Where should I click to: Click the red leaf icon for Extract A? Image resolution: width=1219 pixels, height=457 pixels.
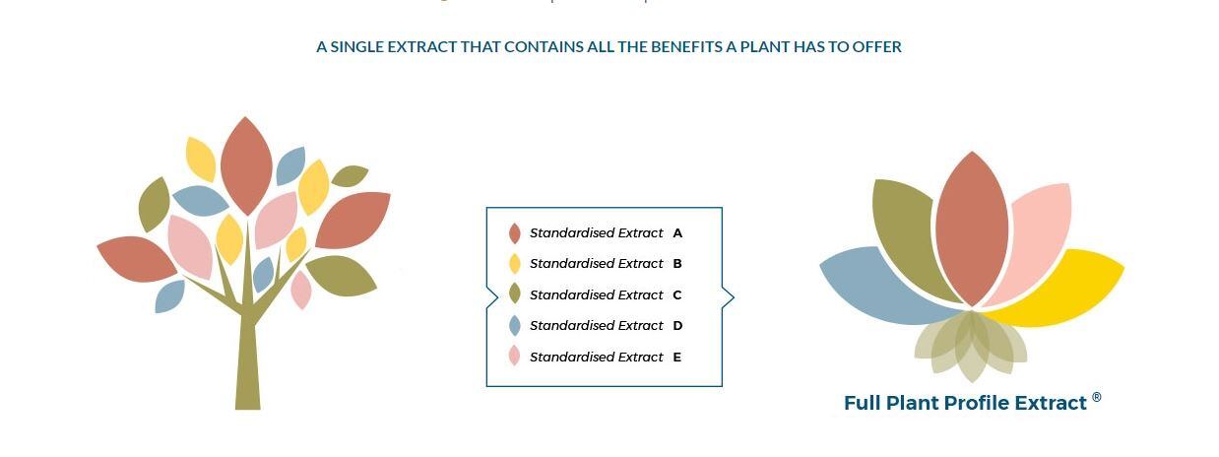[x=514, y=232]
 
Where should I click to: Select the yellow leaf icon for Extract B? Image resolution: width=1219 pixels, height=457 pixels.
[x=514, y=263]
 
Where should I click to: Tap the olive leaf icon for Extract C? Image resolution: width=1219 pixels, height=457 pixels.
[x=514, y=294]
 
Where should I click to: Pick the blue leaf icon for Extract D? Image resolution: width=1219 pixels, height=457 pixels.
[x=514, y=325]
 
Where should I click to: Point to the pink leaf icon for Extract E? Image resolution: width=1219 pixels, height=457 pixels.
[x=514, y=357]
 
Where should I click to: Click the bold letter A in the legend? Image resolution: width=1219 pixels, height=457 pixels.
[x=677, y=232]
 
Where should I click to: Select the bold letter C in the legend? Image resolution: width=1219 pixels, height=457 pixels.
[x=677, y=294]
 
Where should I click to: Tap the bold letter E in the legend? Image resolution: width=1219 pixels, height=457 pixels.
[x=677, y=357]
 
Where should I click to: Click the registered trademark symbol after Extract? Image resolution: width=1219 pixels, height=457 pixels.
[x=1097, y=397]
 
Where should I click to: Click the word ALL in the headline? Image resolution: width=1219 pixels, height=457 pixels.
[x=601, y=47]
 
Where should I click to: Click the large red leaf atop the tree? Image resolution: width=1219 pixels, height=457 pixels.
[x=246, y=165]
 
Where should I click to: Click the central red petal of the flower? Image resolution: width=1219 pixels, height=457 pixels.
[x=972, y=228]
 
